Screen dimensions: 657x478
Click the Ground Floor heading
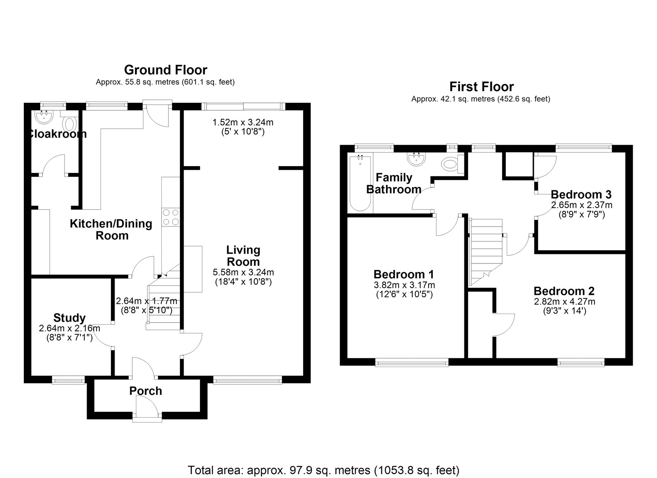pos(166,70)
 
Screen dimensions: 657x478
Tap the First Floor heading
pos(482,87)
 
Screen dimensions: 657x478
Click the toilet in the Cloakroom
pos(69,122)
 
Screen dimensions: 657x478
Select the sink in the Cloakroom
pos(44,117)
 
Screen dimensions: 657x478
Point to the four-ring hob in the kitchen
pos(171,217)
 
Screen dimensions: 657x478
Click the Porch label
pos(146,391)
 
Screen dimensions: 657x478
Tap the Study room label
pos(69,318)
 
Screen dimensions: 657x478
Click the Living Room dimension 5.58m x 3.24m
pos(244,272)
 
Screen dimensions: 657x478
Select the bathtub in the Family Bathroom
pos(360,183)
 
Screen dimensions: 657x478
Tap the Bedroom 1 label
pos(404,274)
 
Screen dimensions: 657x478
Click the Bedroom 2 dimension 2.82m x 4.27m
pos(565,302)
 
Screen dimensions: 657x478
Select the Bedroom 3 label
pos(581,194)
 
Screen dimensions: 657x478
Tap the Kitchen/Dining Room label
pos(111,230)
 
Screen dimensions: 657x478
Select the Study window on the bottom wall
pos(68,381)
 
